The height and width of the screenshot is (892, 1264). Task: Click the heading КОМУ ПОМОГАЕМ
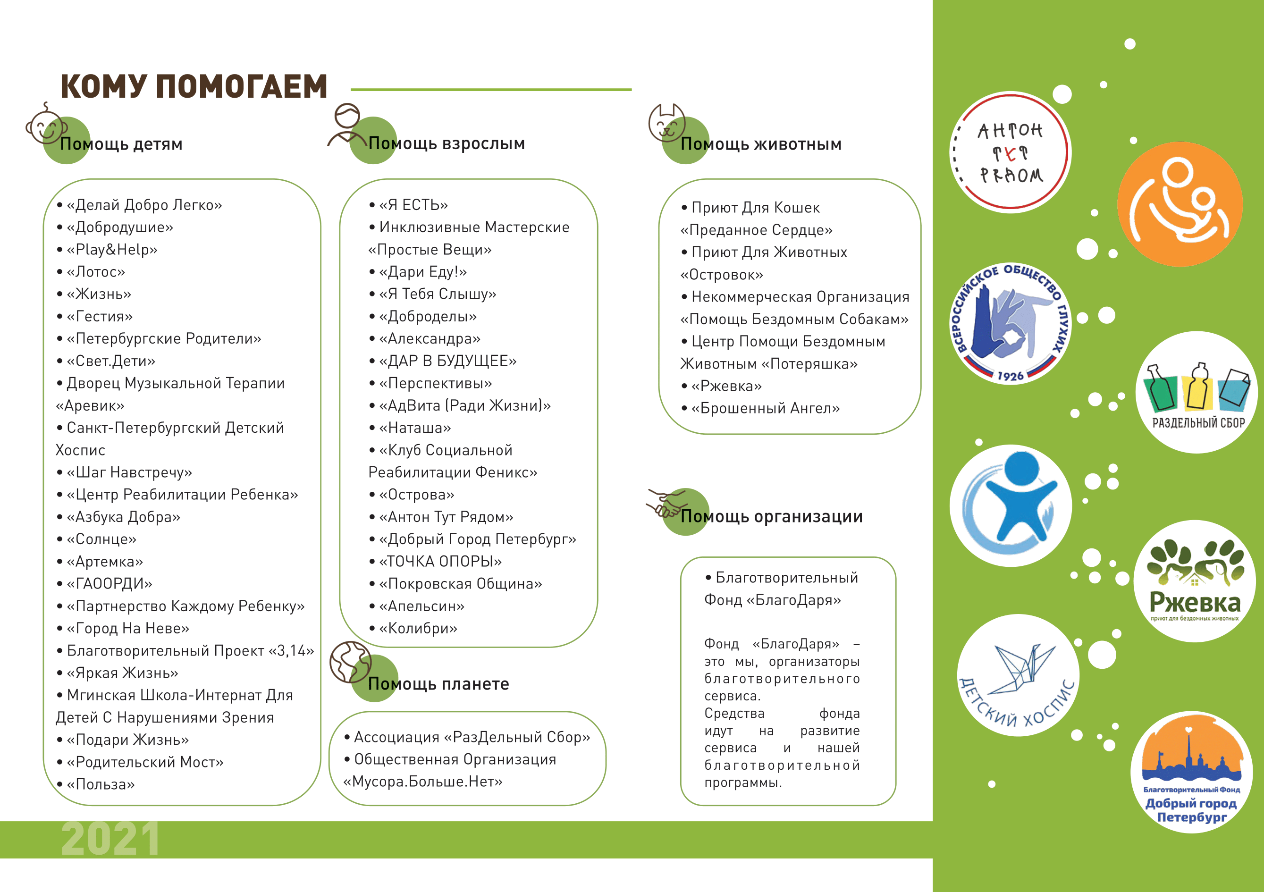click(x=194, y=86)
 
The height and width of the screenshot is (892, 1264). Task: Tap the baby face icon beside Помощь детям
click(x=45, y=126)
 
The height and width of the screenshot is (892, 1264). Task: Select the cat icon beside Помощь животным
click(x=666, y=124)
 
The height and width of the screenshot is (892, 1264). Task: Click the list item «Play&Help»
click(x=112, y=249)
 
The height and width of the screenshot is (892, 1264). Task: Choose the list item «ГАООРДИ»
click(x=109, y=584)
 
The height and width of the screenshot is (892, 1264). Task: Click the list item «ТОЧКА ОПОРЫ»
click(x=440, y=562)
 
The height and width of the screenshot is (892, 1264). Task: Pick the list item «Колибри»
click(x=418, y=628)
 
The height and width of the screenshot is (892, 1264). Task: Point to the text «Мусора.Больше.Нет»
click(x=423, y=782)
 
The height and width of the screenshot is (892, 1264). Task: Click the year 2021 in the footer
click(x=110, y=838)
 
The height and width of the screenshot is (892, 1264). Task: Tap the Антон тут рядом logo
click(x=1010, y=152)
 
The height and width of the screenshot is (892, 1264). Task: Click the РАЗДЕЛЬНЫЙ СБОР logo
click(x=1197, y=393)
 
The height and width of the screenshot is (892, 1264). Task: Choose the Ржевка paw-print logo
click(x=1194, y=581)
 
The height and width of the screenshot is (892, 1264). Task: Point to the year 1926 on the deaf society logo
click(x=1010, y=376)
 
